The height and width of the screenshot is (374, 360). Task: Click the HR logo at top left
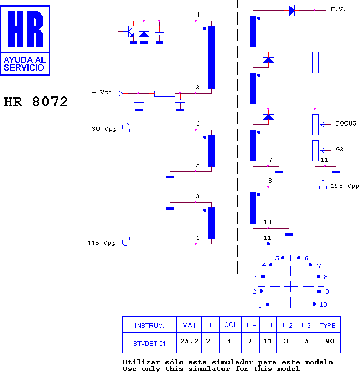point(25,40)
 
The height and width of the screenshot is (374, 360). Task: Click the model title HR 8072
point(36,102)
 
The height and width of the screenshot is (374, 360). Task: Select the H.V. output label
point(338,9)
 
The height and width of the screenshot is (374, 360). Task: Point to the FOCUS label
point(345,123)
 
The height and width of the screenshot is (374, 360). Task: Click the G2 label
point(339,149)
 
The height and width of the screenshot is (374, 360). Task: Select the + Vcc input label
point(102,92)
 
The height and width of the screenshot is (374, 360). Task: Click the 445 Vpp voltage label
point(101,243)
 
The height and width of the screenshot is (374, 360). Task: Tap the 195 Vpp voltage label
point(345,186)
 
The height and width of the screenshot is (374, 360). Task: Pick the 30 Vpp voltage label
point(104,129)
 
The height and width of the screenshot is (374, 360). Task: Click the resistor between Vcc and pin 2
point(164,94)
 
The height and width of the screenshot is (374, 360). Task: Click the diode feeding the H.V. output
point(292,10)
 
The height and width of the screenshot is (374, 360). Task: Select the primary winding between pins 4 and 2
point(211,57)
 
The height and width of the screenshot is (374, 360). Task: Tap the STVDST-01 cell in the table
point(149,344)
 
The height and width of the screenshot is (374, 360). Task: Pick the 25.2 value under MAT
point(189,341)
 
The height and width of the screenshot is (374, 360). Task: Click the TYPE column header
point(327,325)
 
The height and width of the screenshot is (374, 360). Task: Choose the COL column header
point(231,325)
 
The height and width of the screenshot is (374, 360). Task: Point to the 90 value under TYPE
point(330,341)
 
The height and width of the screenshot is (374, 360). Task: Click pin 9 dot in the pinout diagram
point(319,292)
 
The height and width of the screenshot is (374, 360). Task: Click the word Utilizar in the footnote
point(141,362)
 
